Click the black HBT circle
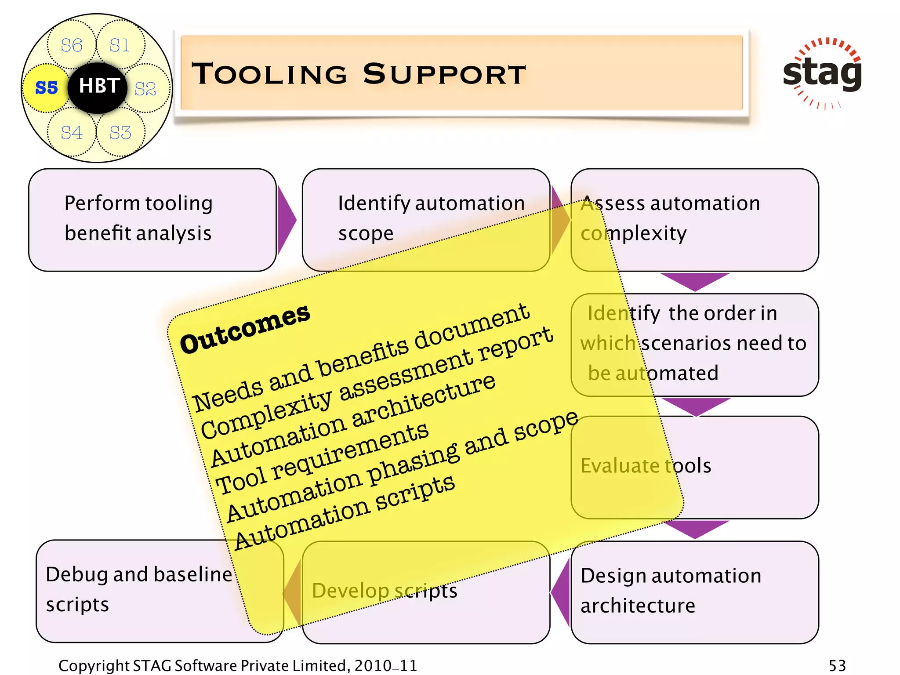pos(98,87)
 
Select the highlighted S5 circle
pos(46,87)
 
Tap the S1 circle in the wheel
pos(120,45)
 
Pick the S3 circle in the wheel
pos(120,132)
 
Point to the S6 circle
pos(71,45)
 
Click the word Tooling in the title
pos(269,74)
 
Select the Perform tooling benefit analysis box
pos(152,220)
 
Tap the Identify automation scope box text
pos(431,218)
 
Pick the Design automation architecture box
pos(694,592)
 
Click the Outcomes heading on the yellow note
pos(245,329)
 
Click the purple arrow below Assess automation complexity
pos(694,281)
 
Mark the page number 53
pos(837,665)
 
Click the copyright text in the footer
pos(237,665)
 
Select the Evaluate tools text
pos(646,465)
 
